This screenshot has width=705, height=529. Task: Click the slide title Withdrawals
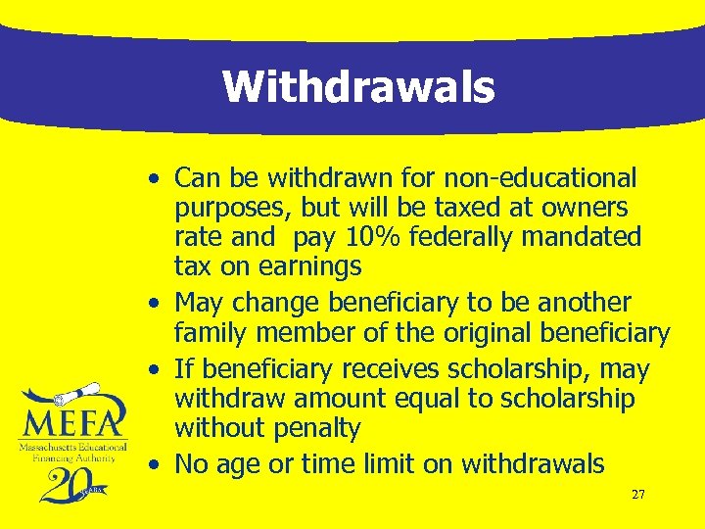[358, 86]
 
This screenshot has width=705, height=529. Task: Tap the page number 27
[637, 495]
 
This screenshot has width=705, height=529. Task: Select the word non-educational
[540, 178]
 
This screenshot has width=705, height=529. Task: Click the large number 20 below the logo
[61, 483]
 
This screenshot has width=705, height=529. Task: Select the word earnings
[309, 266]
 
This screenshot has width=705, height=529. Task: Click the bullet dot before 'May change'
[157, 303]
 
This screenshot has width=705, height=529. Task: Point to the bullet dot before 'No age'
[157, 464]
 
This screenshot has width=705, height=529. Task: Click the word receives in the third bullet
[388, 370]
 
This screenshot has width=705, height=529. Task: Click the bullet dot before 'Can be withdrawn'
[157, 179]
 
